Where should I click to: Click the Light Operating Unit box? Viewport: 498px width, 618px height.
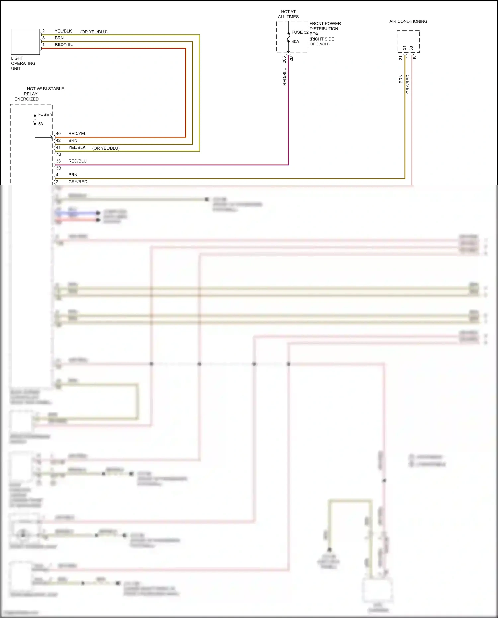pos(25,42)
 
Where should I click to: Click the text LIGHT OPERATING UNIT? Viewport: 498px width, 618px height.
pos(23,63)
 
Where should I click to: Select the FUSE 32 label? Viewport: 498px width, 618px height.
pos(300,32)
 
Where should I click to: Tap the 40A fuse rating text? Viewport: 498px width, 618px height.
pos(295,42)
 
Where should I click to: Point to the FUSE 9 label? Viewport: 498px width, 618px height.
pos(45,114)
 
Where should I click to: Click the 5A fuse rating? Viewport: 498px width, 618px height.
pos(41,124)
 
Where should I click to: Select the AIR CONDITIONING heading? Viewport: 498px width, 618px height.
pos(408,21)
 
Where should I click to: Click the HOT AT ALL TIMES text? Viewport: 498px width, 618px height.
pos(288,14)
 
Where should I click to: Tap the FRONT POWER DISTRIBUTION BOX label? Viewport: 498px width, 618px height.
pos(325,34)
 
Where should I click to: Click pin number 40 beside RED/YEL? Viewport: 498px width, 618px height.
pos(58,134)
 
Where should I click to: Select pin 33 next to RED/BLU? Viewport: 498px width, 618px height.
pos(58,161)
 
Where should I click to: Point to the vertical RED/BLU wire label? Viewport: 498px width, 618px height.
pos(284,77)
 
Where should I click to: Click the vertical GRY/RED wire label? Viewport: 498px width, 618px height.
pos(408,84)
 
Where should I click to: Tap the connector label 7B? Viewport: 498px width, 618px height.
pos(59,154)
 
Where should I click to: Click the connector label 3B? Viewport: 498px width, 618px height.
pos(59,168)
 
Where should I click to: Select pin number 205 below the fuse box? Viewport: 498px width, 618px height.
pos(284,60)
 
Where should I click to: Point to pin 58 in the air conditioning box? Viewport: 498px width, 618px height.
pos(411,48)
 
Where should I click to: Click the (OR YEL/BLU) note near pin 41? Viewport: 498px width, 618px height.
pos(106,148)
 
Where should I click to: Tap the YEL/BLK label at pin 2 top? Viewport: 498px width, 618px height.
pos(63,31)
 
